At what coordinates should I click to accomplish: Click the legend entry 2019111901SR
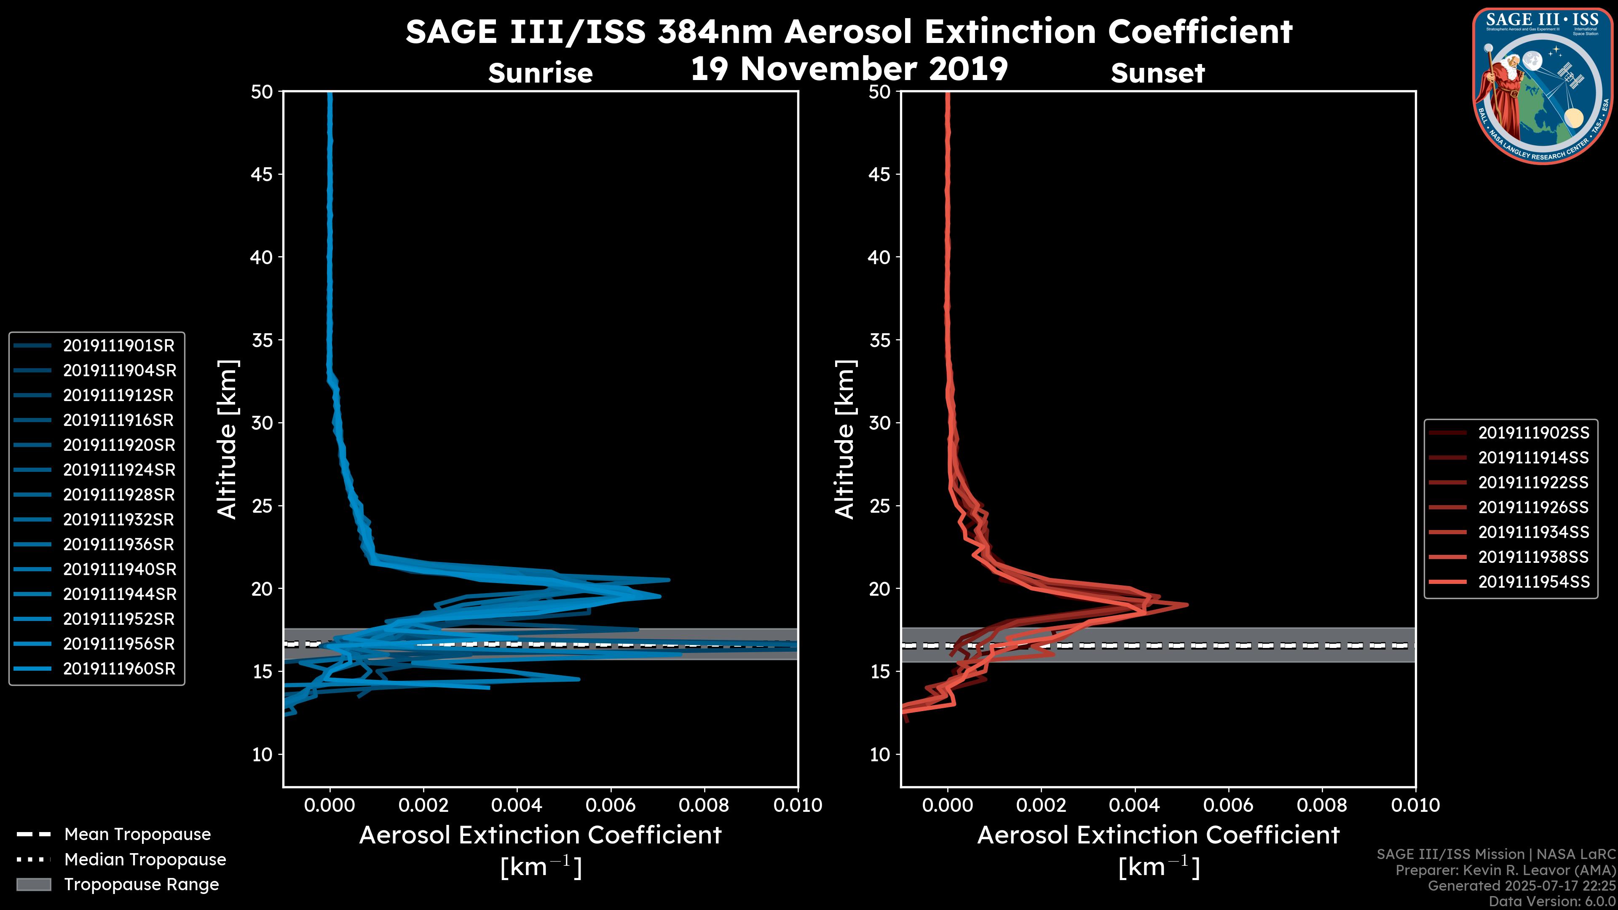119,345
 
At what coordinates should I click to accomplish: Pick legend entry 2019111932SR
119,519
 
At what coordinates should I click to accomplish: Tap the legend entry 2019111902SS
1533,433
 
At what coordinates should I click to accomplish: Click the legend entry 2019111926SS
1533,507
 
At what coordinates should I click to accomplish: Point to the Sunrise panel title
540,73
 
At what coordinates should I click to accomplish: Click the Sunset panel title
1157,73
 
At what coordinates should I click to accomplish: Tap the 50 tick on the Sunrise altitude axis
262,92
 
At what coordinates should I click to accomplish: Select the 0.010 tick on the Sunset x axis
1415,805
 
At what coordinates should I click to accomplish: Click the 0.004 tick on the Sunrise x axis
517,805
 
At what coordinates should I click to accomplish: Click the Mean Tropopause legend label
137,835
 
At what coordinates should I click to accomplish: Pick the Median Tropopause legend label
145,859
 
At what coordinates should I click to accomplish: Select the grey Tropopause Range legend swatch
33,884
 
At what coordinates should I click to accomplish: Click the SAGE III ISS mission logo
1543,85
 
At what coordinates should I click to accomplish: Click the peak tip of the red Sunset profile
1187,605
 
